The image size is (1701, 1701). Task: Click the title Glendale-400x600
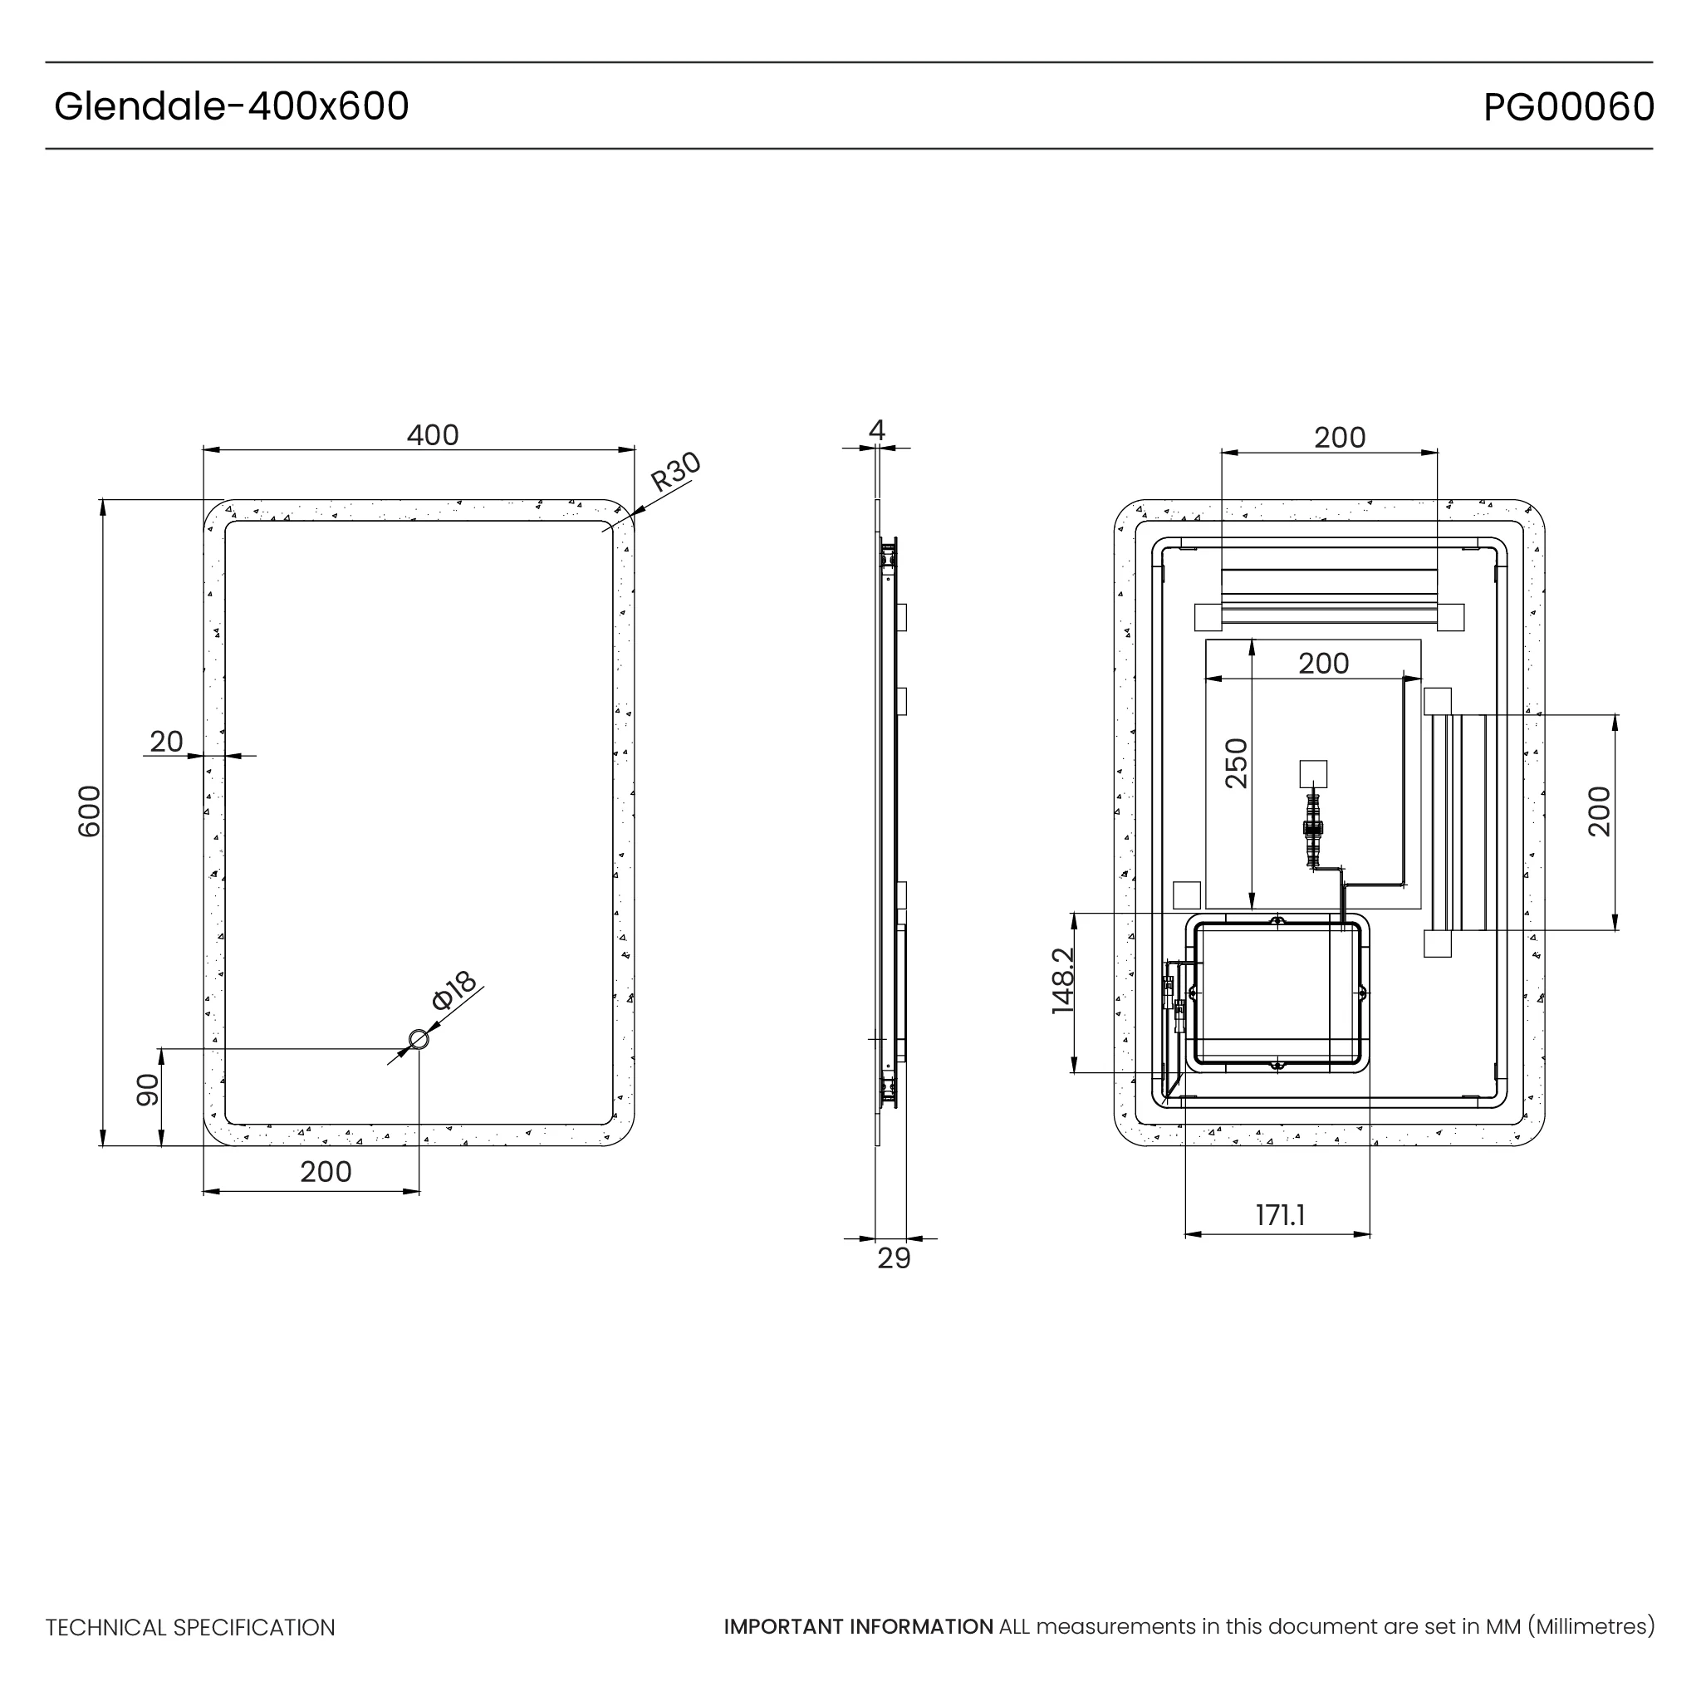[x=232, y=106]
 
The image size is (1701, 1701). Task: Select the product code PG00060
[x=1568, y=107]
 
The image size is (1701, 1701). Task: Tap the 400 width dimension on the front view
[x=432, y=435]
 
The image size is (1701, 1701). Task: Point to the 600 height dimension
[x=90, y=811]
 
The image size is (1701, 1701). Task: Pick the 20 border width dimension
[x=166, y=743]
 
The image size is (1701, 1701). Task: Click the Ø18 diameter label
[x=454, y=991]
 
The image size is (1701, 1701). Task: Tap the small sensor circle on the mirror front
[x=419, y=1040]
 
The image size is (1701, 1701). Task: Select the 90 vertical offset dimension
[x=147, y=1090]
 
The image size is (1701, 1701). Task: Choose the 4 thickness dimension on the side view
[x=876, y=429]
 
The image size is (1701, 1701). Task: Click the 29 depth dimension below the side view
[x=894, y=1259]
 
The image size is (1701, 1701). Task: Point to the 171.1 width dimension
[x=1279, y=1216]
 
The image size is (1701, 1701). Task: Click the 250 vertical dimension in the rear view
[x=1236, y=763]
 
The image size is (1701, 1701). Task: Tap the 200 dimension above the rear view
[x=1339, y=438]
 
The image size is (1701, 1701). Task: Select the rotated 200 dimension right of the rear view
[x=1599, y=811]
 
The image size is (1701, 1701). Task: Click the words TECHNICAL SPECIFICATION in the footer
[x=190, y=1628]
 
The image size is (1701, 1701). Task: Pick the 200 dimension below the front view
[x=326, y=1172]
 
